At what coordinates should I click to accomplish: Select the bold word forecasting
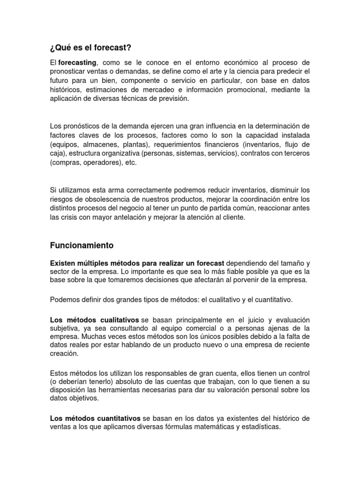click(x=77, y=62)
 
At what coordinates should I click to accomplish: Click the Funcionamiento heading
click(x=82, y=245)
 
